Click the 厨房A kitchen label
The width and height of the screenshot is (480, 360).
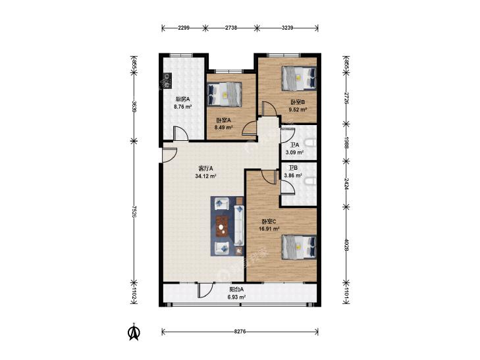(183, 99)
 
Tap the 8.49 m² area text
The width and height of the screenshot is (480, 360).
(224, 128)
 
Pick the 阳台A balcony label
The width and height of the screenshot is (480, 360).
(236, 290)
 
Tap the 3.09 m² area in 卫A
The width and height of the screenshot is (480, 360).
(294, 152)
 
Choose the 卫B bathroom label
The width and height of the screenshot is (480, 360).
(293, 168)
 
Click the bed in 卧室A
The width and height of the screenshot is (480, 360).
(225, 94)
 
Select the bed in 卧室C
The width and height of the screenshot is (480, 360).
(299, 247)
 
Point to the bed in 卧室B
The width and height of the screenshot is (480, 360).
(299, 78)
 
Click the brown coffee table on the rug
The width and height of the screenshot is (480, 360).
(223, 226)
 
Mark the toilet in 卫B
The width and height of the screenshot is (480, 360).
(311, 182)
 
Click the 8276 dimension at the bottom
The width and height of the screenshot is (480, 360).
(240, 331)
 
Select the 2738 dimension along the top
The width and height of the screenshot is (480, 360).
(231, 28)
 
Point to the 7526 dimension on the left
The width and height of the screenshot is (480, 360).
(134, 211)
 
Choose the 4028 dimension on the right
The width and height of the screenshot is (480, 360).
(346, 245)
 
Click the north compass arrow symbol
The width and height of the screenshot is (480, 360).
(134, 332)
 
